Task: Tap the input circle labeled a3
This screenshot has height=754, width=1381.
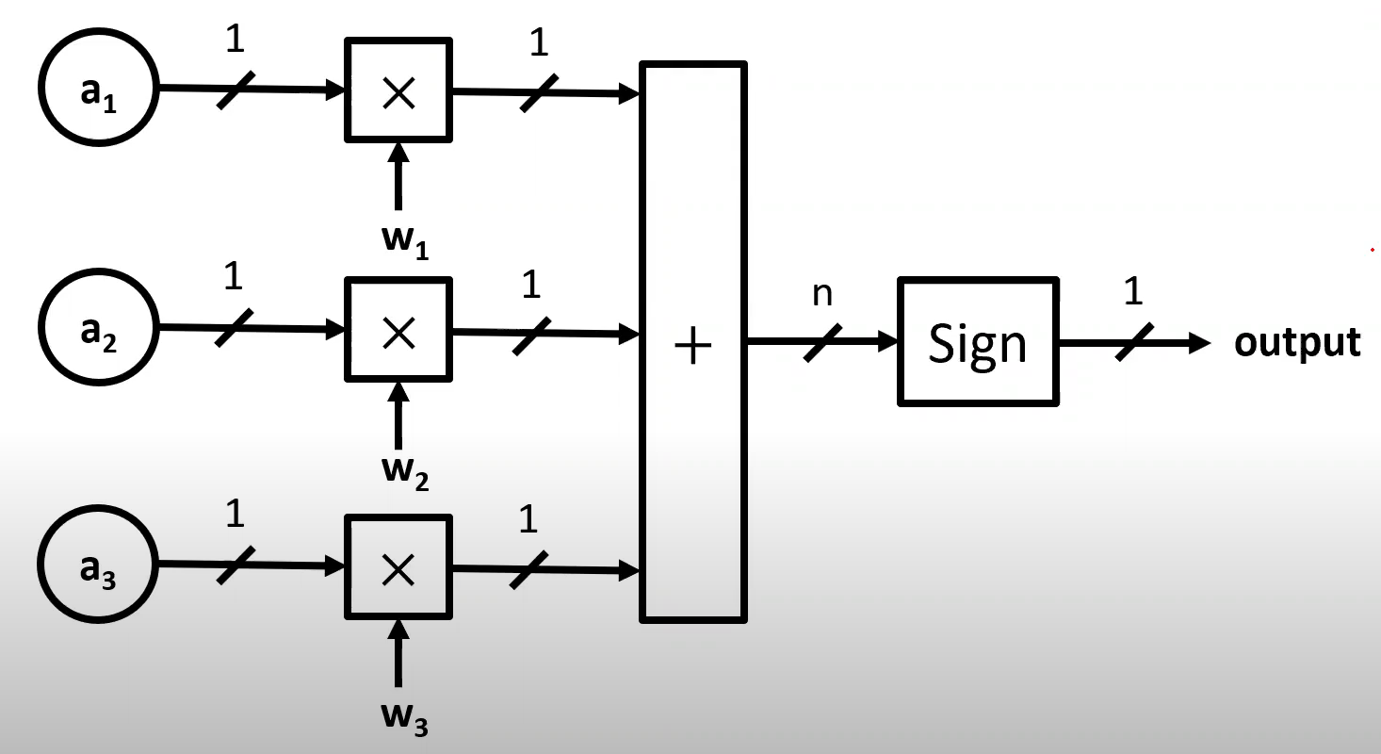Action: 98,566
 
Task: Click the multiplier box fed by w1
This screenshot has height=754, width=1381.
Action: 398,90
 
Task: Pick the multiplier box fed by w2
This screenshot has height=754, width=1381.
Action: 398,330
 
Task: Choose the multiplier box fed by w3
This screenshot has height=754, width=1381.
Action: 398,567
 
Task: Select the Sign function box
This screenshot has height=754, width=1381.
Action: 978,342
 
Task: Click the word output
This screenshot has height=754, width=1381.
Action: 1297,342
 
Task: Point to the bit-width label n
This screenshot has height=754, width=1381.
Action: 822,294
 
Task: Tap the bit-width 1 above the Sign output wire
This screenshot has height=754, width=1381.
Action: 1133,292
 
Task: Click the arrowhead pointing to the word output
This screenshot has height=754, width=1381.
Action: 1198,343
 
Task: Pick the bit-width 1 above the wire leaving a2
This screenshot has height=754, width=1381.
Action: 234,277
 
